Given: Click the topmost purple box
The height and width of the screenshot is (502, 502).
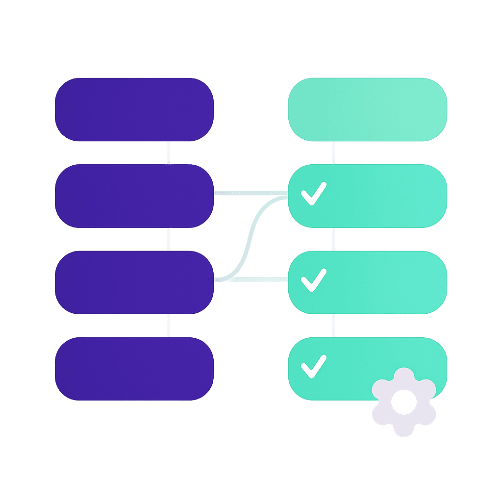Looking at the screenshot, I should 134,109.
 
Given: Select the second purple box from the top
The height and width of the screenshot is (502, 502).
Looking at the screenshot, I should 134,196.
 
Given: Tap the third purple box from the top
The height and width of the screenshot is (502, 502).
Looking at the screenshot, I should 134,282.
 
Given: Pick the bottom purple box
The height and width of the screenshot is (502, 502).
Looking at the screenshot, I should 134,368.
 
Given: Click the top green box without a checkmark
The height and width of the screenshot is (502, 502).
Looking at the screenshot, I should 367,109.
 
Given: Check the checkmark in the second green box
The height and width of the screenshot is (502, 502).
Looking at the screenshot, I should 313,193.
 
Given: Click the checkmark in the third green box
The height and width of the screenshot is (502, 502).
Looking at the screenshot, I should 313,279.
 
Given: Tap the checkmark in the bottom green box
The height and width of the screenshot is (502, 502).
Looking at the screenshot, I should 313,366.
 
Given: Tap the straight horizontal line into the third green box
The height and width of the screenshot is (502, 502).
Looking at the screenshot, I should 260,279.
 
